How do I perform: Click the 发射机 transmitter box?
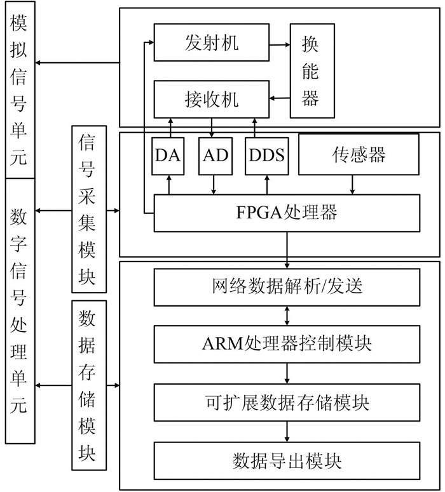[x=212, y=43]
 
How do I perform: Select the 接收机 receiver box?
[x=212, y=100]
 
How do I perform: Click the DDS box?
[x=266, y=156]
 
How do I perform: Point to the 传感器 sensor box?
[x=359, y=154]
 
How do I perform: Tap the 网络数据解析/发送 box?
[x=287, y=287]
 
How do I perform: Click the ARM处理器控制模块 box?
[x=287, y=345]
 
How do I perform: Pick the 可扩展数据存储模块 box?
[x=287, y=402]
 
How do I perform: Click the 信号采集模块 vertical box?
[x=88, y=208]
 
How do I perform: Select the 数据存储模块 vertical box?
[x=88, y=385]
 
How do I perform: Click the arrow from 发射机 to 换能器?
[x=279, y=44]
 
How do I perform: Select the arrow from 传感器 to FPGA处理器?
[x=352, y=185]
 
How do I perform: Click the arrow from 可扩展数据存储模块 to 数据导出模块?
[x=288, y=432]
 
